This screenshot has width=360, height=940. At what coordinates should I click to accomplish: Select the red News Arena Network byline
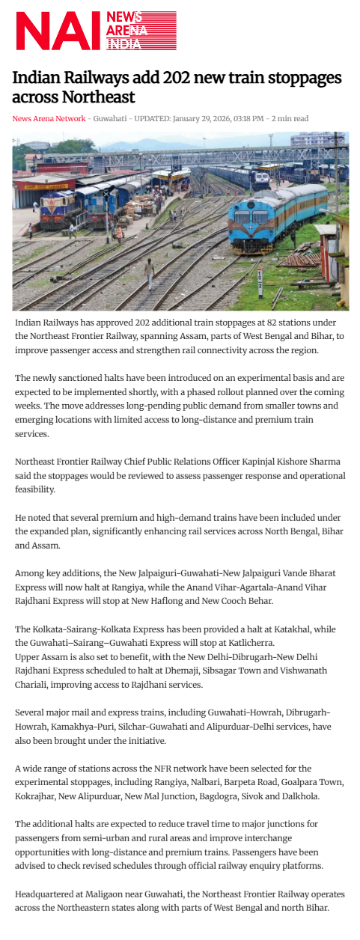point(49,118)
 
